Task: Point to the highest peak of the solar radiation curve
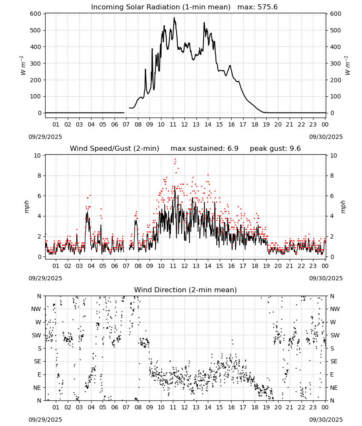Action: pos(174,17)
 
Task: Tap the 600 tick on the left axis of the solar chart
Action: pos(36,14)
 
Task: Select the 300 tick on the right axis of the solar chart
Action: pos(336,63)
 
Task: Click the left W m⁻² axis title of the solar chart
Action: pos(23,65)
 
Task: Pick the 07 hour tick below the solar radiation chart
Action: pos(126,124)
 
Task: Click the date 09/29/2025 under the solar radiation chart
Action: pos(45,137)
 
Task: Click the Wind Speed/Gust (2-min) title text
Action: pos(114,148)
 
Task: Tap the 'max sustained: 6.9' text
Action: pos(204,148)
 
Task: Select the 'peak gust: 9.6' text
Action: pos(275,149)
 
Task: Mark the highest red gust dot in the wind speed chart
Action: pos(175,159)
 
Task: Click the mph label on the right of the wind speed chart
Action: pos(343,207)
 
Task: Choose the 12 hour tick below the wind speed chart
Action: pos(184,266)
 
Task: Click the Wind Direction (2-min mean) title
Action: pos(186,290)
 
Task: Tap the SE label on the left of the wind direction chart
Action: pos(38,361)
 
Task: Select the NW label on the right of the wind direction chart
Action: pos(335,309)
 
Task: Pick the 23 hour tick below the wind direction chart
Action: pos(313,407)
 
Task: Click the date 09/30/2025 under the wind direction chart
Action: pos(326,420)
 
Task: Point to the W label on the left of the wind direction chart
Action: pos(38,322)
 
